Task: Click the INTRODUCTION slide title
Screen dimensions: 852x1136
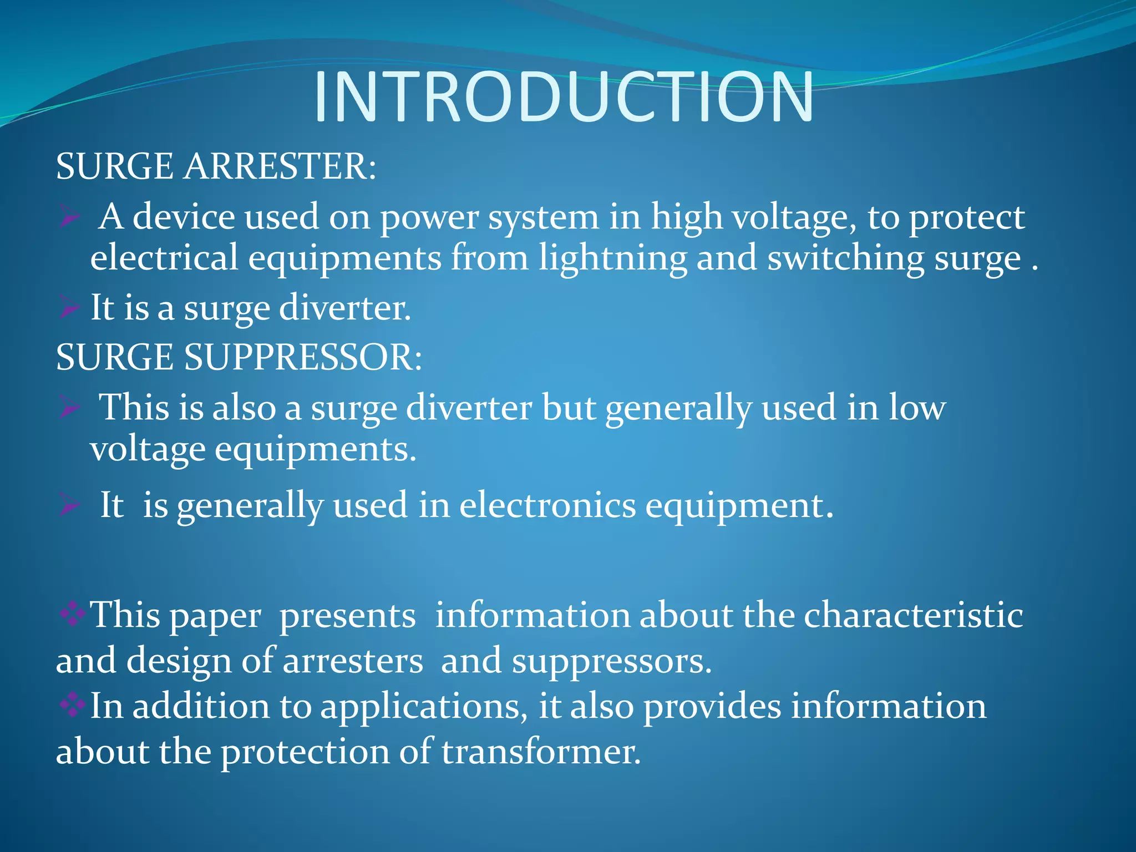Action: [564, 97]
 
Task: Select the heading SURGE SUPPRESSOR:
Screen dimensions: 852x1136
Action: [239, 357]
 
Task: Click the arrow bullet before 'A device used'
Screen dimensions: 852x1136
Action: [70, 217]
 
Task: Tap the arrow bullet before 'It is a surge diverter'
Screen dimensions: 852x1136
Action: [69, 308]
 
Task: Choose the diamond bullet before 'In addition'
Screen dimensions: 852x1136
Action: [72, 706]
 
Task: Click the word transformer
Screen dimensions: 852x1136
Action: [541, 753]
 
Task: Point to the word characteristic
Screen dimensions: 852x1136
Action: [913, 616]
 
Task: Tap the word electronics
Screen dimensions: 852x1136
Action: [547, 506]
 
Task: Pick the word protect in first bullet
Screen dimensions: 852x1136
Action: [966, 217]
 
